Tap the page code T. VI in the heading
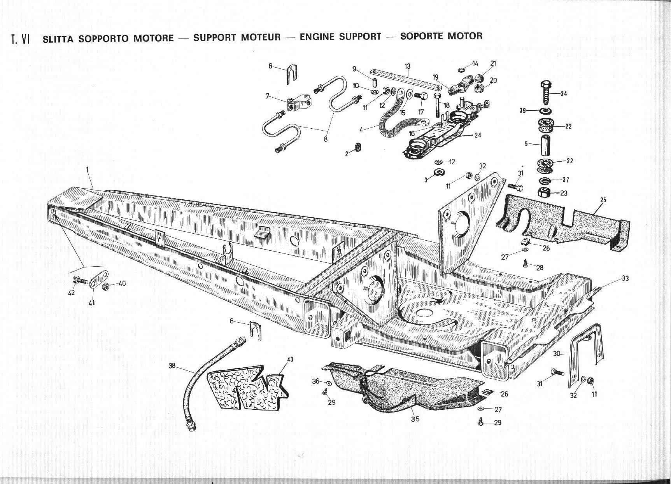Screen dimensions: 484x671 coord(21,39)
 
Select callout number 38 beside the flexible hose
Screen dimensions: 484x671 coord(172,365)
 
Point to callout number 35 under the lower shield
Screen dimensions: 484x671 coord(415,419)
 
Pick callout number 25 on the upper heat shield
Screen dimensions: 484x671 coord(603,200)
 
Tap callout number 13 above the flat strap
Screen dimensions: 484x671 coord(407,66)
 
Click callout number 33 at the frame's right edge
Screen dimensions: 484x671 coord(625,278)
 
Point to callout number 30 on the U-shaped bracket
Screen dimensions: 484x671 coord(557,354)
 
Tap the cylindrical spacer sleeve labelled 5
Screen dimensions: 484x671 coord(544,145)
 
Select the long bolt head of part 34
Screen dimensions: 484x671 coord(545,85)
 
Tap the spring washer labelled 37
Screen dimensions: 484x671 coord(544,180)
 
